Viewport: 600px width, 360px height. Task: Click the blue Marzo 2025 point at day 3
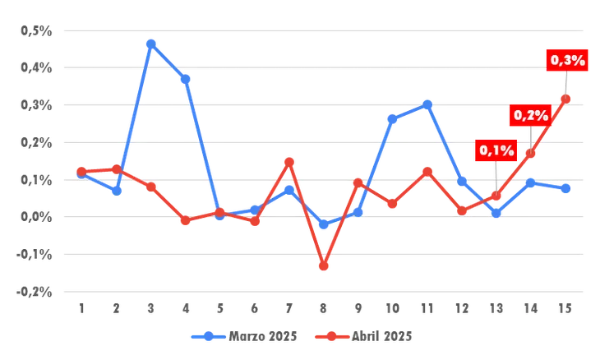point(151,44)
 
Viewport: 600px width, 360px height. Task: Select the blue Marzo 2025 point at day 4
point(186,79)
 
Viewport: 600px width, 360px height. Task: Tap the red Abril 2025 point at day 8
point(324,265)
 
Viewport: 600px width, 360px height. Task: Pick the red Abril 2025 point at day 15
point(565,99)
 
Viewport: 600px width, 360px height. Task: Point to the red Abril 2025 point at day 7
point(289,162)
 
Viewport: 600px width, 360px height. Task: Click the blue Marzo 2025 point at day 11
point(427,104)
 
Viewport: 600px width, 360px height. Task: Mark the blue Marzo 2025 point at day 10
point(392,119)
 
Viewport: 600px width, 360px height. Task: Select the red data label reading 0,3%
point(567,61)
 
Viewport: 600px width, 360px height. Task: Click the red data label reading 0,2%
point(531,116)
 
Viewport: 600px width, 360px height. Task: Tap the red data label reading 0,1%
point(496,150)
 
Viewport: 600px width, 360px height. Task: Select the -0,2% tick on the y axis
point(34,291)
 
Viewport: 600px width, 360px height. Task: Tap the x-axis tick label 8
point(324,308)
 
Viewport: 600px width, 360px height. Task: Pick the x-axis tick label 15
point(565,308)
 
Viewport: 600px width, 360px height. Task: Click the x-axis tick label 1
point(81,308)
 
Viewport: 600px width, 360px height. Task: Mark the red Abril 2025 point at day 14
point(530,154)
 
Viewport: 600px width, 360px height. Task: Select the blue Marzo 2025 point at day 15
point(565,188)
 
